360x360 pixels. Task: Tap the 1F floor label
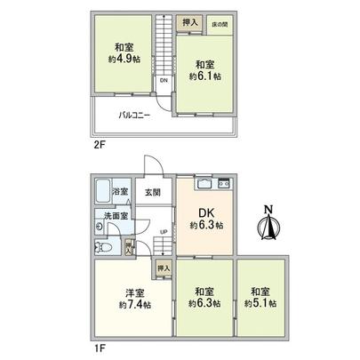click(97, 348)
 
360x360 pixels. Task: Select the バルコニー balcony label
click(134, 115)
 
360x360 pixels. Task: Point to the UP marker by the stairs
click(163, 234)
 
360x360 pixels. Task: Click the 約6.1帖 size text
click(204, 76)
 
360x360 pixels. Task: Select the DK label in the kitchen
click(205, 212)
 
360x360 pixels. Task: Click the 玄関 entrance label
click(152, 192)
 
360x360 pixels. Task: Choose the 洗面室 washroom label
click(116, 214)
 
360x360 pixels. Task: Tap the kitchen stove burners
click(222, 185)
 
